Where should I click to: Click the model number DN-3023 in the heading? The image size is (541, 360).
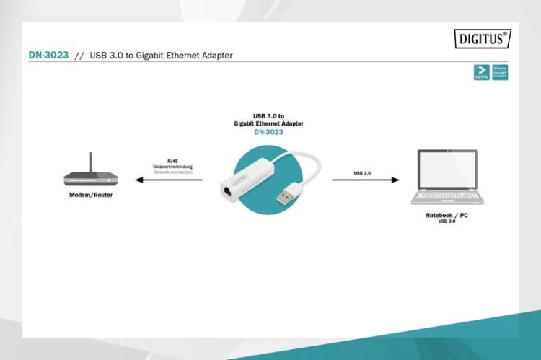(x=48, y=56)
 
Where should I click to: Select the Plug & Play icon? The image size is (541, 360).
(x=481, y=72)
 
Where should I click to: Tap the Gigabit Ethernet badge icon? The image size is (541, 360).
(x=501, y=72)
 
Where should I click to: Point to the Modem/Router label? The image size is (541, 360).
(x=91, y=196)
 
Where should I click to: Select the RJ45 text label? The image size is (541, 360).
(x=173, y=161)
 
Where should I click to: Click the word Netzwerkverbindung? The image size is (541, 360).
(x=173, y=167)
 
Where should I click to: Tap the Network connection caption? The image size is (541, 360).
(x=173, y=172)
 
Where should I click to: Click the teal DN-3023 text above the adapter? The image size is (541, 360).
(x=268, y=132)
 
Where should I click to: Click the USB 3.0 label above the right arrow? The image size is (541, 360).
(x=363, y=173)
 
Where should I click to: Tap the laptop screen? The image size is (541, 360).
(x=447, y=170)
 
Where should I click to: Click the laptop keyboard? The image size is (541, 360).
(x=447, y=196)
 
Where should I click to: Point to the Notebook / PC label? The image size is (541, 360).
(x=447, y=215)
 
